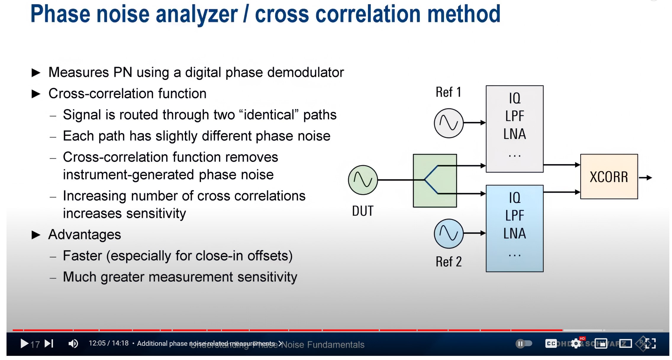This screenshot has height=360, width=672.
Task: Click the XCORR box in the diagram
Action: coord(609,177)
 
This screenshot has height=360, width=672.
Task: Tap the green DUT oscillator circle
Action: coord(363,180)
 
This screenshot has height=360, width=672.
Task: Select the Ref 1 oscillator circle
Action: coord(449,123)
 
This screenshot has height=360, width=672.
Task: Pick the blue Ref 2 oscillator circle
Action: coord(449,234)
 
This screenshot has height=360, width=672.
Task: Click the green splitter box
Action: coord(435,181)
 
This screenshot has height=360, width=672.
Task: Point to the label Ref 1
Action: coord(448,92)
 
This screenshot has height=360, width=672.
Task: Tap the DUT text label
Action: coord(363,211)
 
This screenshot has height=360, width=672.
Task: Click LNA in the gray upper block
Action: coord(515,134)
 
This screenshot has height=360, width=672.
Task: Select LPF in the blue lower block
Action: coord(515,216)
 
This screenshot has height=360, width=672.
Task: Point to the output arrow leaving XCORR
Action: coord(646,178)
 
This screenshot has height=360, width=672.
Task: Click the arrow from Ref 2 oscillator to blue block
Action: coord(475,233)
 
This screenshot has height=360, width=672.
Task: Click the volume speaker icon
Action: coord(73,343)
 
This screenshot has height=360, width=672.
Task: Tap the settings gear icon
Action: coord(576,343)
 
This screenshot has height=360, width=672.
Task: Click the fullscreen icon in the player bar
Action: coord(650,343)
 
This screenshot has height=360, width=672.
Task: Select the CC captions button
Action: coord(551,343)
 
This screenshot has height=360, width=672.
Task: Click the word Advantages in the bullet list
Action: coord(85,235)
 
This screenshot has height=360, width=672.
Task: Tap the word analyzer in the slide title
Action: coord(196,14)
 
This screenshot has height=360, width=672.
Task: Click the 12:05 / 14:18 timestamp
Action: coord(109,343)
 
